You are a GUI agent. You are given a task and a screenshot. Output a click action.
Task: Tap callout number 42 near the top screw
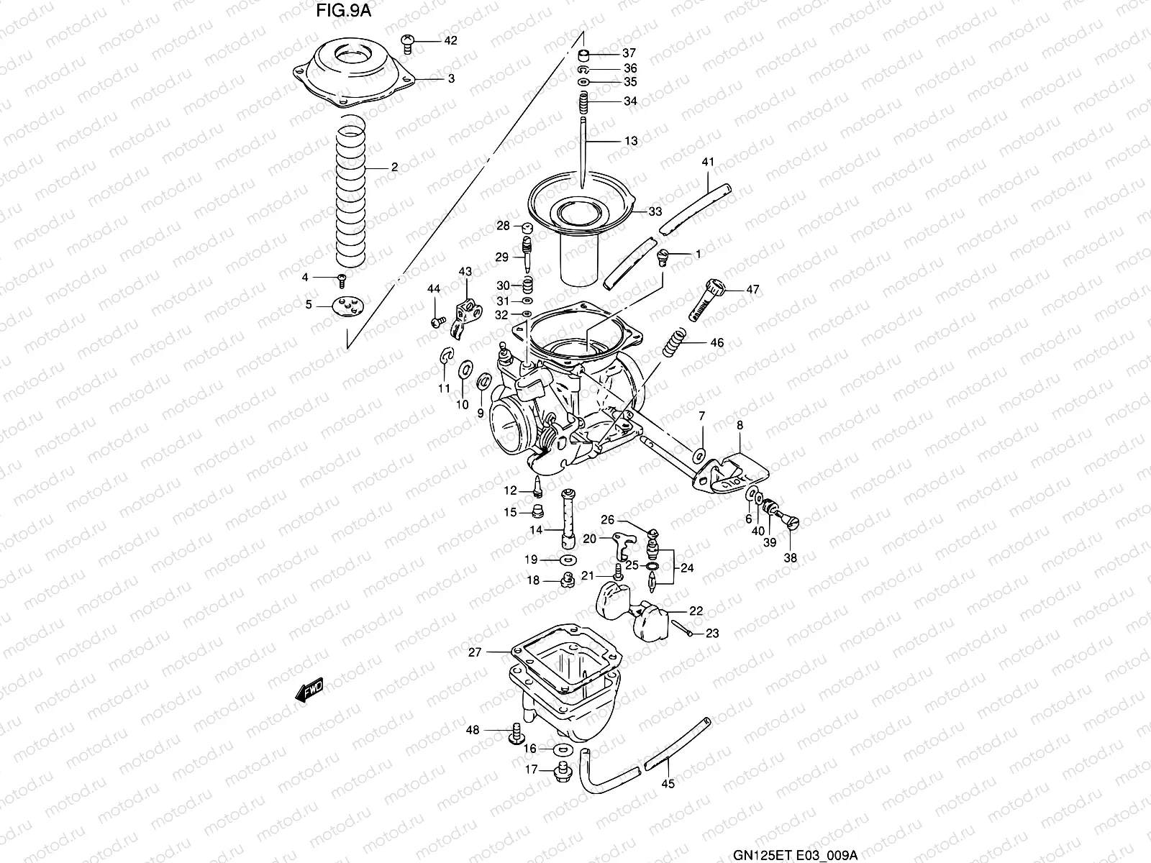pos(450,41)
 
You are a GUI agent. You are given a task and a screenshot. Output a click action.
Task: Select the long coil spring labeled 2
pos(352,194)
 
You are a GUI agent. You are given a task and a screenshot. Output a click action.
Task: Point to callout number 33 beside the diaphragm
pos(655,211)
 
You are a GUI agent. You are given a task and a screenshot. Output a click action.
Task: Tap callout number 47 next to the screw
pos(752,290)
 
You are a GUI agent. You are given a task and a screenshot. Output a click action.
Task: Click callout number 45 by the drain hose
pos(668,784)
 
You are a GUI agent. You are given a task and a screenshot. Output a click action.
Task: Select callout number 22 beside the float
pos(695,611)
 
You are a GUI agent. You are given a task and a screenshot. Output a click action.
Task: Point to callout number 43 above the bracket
pos(465,271)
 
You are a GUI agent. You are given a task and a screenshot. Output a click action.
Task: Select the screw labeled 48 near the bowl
pos(516,734)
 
